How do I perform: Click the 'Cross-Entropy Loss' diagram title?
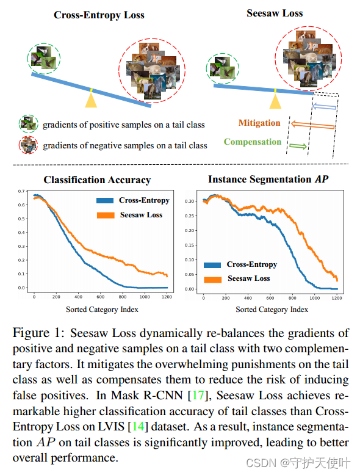pyautogui.click(x=99, y=15)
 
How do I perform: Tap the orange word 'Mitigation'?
pyautogui.click(x=259, y=123)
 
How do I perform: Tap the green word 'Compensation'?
pyautogui.click(x=252, y=142)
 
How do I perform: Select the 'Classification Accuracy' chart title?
pyautogui.click(x=97, y=180)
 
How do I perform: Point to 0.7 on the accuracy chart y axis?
pyautogui.click(x=22, y=192)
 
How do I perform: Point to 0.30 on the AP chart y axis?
pyautogui.click(x=189, y=201)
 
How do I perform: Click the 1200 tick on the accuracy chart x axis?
pyautogui.click(x=165, y=297)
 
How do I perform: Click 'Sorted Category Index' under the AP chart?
pyautogui.click(x=272, y=310)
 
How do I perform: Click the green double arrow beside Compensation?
pyautogui.click(x=297, y=145)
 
